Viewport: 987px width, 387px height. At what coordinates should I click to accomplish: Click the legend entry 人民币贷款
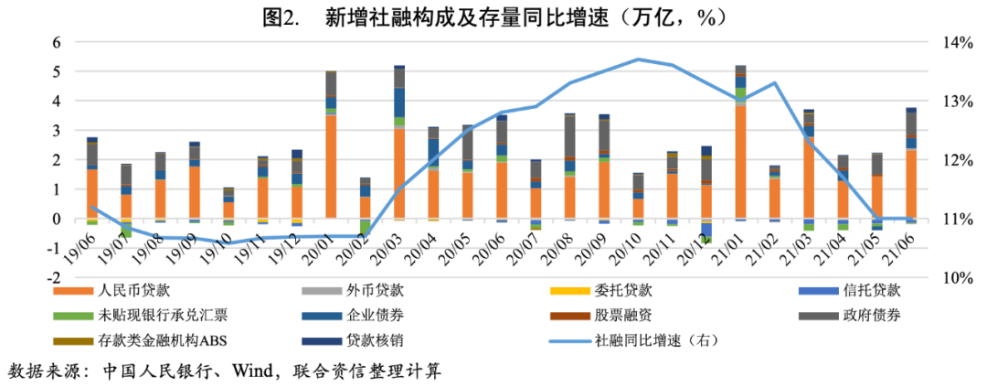[x=126, y=291]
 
